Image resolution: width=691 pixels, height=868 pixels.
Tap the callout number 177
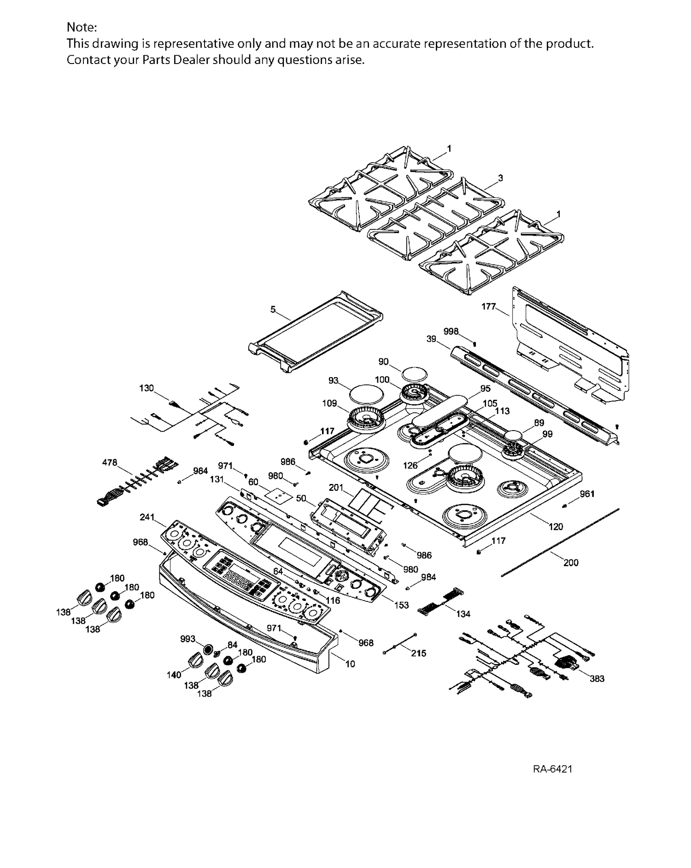tap(488, 306)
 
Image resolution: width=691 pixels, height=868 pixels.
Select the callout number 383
tap(597, 678)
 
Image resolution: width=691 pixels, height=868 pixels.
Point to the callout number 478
tap(110, 462)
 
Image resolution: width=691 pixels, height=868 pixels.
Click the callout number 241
tap(147, 517)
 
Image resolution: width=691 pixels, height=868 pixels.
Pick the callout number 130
tap(146, 388)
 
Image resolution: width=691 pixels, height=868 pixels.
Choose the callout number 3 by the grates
tap(500, 178)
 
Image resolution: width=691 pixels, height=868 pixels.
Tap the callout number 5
tap(273, 309)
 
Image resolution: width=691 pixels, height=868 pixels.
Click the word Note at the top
tap(82, 28)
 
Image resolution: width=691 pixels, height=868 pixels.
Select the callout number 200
tap(571, 562)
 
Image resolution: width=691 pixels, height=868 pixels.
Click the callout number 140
tap(174, 675)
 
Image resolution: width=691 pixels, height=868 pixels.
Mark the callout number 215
tap(418, 653)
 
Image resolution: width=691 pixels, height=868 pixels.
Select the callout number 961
tap(587, 494)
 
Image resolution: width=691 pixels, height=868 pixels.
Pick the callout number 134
tap(463, 613)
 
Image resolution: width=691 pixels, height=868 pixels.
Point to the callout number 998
tap(451, 332)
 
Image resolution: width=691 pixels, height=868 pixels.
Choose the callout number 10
tap(350, 664)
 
